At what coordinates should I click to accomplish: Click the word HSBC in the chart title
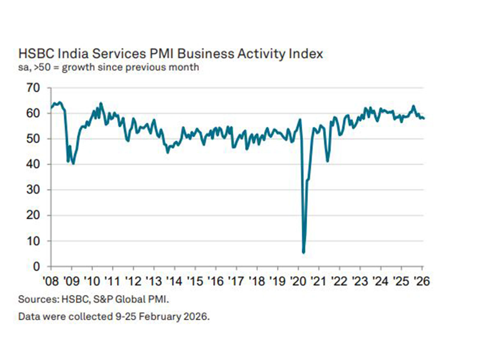[36, 54]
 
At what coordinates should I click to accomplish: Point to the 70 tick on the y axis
[33, 88]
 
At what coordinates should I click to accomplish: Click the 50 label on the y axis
[33, 139]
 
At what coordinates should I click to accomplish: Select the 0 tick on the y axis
[36, 266]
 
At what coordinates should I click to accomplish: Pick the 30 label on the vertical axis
[33, 190]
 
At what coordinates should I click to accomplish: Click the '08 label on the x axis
[51, 281]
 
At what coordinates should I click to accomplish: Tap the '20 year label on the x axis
[298, 281]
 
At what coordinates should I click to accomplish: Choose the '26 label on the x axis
[421, 281]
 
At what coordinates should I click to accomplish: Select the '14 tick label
[174, 281]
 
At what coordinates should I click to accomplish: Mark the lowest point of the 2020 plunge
[304, 252]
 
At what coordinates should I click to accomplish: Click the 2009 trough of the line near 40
[73, 163]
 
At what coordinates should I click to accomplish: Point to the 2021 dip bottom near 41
[327, 161]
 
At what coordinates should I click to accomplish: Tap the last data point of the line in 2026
[424, 118]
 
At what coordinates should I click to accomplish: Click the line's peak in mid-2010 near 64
[101, 103]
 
